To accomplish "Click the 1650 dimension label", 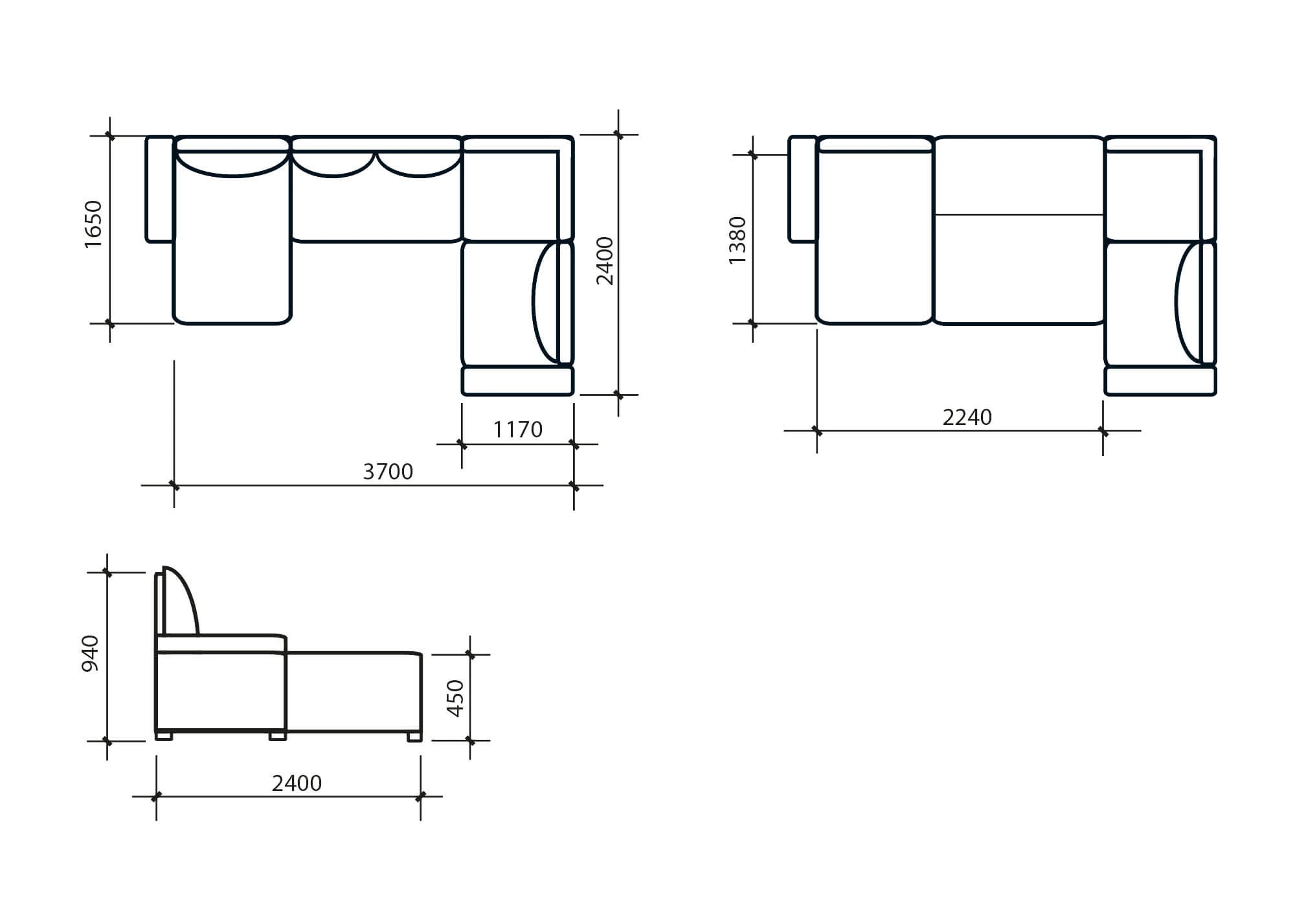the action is [x=93, y=224].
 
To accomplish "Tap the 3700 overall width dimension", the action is [x=388, y=472].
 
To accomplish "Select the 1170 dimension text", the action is [x=518, y=430].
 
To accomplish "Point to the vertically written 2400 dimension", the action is [x=605, y=261].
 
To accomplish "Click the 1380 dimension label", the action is [x=737, y=240].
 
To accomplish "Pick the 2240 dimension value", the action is [x=967, y=417].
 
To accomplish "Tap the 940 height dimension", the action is [x=90, y=653].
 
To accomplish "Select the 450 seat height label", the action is [x=455, y=698].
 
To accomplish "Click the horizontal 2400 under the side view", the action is [x=297, y=783].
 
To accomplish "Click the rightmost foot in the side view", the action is [x=414, y=736].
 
